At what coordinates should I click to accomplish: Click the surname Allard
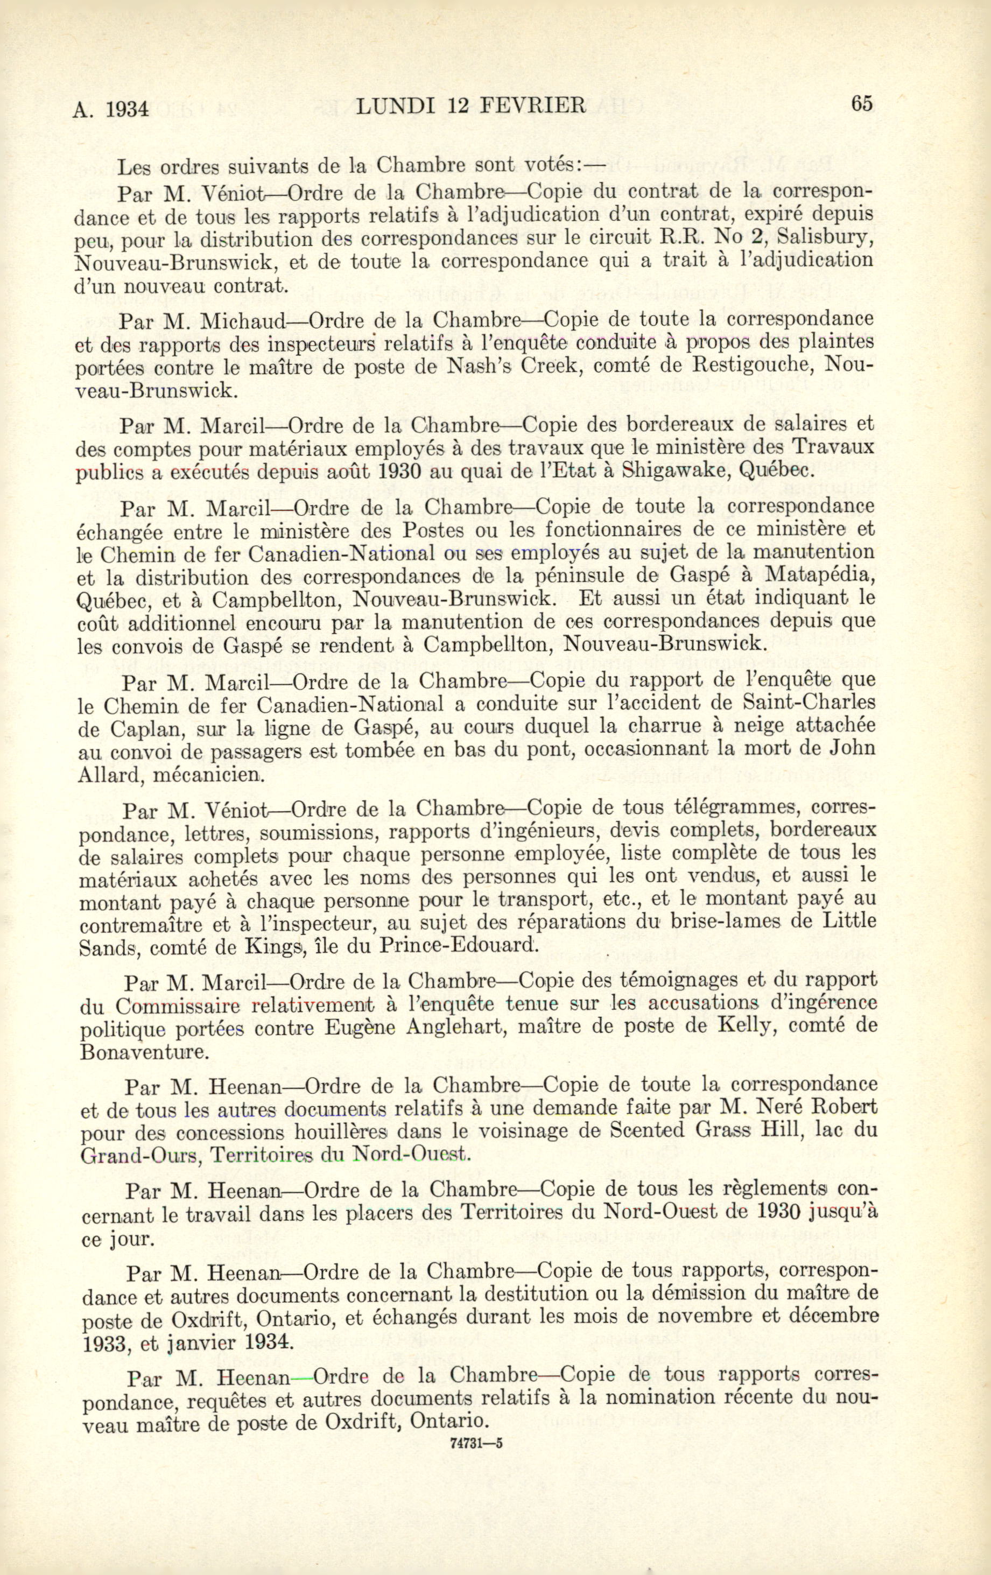pos(104,775)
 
